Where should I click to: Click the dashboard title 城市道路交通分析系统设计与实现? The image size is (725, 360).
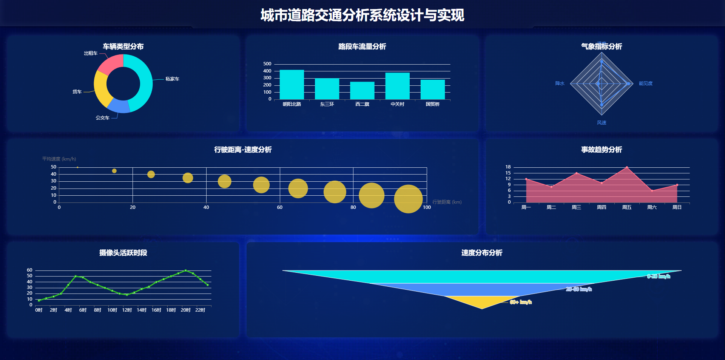click(x=362, y=15)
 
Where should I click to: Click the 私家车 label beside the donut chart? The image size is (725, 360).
click(x=172, y=79)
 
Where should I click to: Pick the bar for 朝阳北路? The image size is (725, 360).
click(x=292, y=85)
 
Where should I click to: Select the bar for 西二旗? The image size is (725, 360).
click(x=362, y=91)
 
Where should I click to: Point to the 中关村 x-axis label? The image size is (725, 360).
click(x=397, y=104)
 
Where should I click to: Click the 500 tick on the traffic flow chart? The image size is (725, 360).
click(x=267, y=64)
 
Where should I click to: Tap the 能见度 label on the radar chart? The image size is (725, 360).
click(x=645, y=83)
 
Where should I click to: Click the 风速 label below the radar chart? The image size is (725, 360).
click(x=602, y=123)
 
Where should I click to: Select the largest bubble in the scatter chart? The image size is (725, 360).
click(x=408, y=199)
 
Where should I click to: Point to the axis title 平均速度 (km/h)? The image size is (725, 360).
click(x=59, y=159)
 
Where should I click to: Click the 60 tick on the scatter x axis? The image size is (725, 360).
click(x=279, y=207)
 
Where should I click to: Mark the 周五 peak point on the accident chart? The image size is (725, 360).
click(x=627, y=167)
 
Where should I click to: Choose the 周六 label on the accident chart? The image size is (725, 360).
click(x=652, y=207)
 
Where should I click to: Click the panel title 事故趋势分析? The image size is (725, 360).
click(x=601, y=150)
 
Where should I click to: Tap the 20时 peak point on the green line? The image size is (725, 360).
click(x=185, y=270)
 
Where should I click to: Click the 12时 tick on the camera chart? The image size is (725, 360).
click(x=127, y=310)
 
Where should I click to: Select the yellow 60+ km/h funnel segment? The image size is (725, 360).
click(x=482, y=301)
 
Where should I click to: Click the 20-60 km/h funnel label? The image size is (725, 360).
click(x=578, y=289)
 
